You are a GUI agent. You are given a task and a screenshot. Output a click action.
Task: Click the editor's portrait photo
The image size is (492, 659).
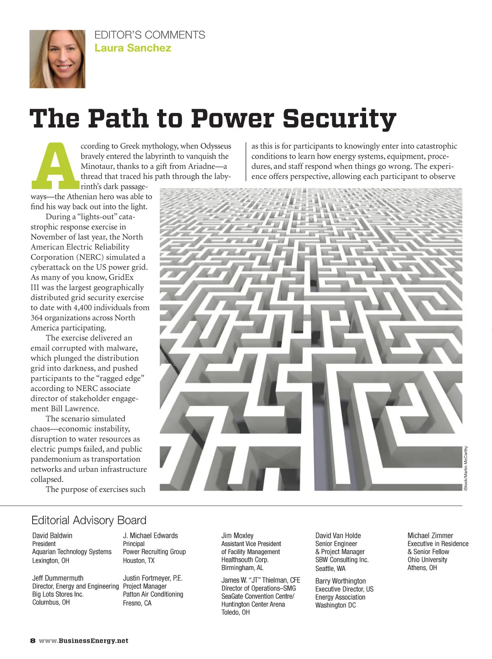57,59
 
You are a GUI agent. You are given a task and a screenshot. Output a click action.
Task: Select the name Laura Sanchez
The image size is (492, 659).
133,48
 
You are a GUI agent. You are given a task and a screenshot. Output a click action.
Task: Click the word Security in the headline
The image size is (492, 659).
339,118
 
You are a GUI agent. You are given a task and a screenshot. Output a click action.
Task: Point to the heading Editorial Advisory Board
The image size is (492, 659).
88,520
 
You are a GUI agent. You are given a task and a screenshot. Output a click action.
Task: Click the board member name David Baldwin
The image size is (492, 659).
52,535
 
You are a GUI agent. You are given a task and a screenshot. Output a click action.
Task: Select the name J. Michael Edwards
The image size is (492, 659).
150,535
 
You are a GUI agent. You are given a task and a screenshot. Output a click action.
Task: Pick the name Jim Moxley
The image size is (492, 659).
237,535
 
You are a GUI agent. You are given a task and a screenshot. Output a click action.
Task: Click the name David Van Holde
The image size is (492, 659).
338,535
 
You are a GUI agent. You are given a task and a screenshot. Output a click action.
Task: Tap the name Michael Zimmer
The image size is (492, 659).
430,535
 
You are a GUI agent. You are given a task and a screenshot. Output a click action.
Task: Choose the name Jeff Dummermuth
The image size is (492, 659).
58,578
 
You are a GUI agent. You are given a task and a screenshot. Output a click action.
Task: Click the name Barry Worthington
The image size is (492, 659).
340,581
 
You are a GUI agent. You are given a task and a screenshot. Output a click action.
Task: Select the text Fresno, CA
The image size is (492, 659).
137,603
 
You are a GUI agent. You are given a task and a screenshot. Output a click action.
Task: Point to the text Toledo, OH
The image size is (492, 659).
235,612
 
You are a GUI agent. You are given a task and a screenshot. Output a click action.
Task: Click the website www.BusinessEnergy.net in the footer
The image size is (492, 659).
84,641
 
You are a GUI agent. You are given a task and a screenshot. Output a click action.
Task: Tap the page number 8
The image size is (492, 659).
33,641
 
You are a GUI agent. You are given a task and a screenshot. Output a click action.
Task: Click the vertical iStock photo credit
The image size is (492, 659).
466,468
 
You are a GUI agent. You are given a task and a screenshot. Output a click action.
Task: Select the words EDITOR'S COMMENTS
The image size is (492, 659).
149,35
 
